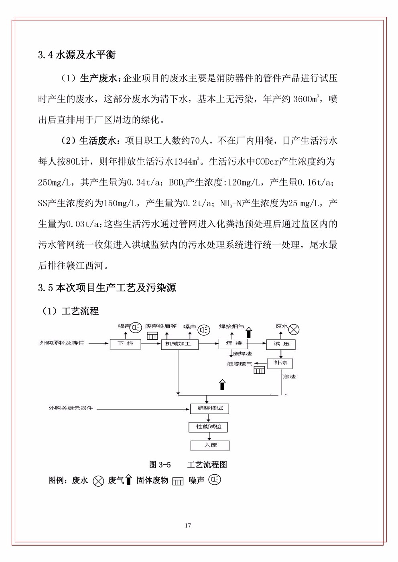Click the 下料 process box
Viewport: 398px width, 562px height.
point(126,344)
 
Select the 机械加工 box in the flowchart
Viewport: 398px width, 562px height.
point(179,344)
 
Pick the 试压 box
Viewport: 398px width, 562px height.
point(280,344)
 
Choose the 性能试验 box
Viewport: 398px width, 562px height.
point(208,427)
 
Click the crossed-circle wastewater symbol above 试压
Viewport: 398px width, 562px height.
point(294,330)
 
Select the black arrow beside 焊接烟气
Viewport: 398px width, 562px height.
point(248,332)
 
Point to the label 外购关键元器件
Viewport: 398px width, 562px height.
point(70,408)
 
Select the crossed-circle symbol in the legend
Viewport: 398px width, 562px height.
point(98,481)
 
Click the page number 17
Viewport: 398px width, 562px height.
point(188,525)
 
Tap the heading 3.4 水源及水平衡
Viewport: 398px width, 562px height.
point(77,55)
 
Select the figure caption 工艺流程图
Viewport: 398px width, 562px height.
point(207,465)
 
